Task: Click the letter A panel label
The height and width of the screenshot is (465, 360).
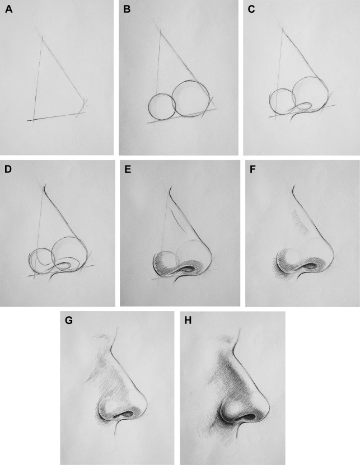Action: (x=9, y=10)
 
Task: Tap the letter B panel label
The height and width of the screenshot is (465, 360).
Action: (x=127, y=10)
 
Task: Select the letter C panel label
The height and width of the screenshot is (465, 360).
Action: (x=251, y=10)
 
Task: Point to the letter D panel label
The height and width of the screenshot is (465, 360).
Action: (x=8, y=169)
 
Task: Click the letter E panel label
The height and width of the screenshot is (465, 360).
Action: (x=128, y=169)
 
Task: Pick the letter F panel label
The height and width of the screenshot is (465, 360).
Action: (x=253, y=169)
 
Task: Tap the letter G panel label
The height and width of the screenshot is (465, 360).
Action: (x=68, y=321)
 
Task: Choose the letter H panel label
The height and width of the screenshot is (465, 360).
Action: (x=188, y=321)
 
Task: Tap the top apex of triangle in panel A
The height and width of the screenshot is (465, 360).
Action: (x=43, y=38)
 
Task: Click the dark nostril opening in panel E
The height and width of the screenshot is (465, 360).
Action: (x=189, y=269)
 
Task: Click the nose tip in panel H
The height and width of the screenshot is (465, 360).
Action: (x=269, y=406)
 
